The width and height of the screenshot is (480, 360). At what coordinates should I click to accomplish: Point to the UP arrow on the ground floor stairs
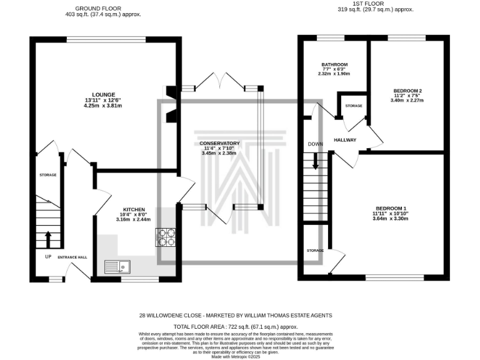click(48, 239)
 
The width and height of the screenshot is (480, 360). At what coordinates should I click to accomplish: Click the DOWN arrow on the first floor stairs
click(316, 162)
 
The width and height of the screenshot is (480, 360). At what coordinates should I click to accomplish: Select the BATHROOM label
click(334, 64)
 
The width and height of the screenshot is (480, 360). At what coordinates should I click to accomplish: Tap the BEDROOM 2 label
click(406, 90)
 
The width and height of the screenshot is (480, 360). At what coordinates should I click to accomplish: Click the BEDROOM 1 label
click(390, 208)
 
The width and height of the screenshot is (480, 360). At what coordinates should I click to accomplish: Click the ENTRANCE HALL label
click(72, 257)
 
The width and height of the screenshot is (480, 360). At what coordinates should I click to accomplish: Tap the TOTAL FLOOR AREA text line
click(236, 327)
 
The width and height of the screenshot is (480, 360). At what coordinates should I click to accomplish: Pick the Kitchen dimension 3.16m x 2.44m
click(134, 220)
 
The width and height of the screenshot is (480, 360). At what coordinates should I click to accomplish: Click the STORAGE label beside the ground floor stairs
click(48, 175)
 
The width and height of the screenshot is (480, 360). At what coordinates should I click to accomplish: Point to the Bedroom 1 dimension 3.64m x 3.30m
click(390, 219)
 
